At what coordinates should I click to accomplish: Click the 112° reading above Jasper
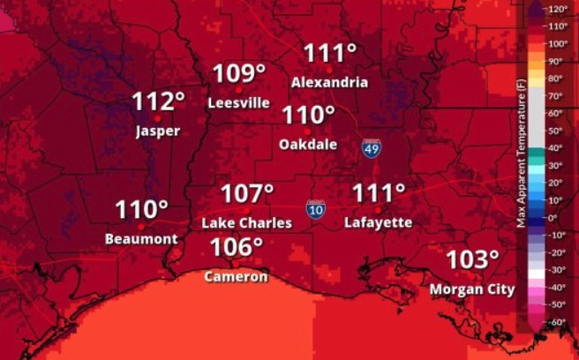[x=159, y=101]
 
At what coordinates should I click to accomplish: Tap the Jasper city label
[x=158, y=131]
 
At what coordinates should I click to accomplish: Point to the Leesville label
[x=239, y=102]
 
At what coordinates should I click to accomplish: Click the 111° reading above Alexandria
[x=330, y=53]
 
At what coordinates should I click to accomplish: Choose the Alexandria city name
[x=330, y=82]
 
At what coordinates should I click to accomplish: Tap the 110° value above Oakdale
[x=309, y=115]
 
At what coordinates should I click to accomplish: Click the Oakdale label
[x=308, y=144]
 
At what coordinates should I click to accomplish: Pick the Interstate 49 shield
[x=372, y=148]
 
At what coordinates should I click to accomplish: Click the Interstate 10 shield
[x=315, y=209]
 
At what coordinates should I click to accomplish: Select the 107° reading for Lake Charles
[x=247, y=193]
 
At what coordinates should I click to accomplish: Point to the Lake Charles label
[x=247, y=223]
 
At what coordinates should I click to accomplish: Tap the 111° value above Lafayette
[x=379, y=193]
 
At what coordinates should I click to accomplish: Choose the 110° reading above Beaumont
[x=141, y=210]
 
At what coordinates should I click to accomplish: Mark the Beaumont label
[x=141, y=238]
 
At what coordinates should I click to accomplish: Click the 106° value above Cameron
[x=237, y=248]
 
